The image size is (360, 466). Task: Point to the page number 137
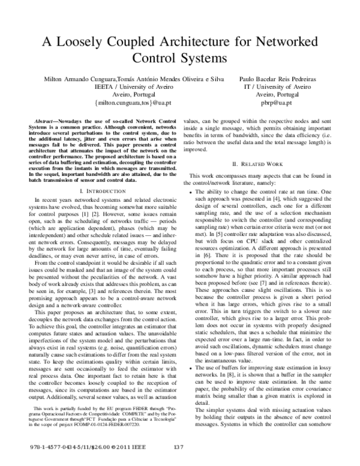(178, 448)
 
